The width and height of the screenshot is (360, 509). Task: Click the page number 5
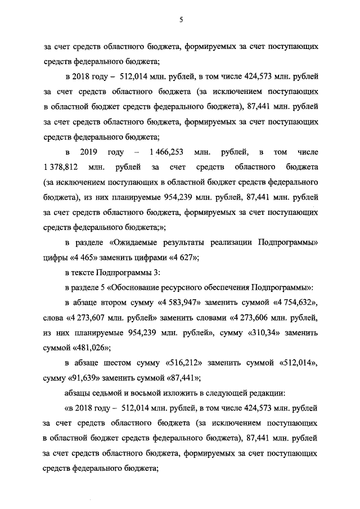click(181, 20)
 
